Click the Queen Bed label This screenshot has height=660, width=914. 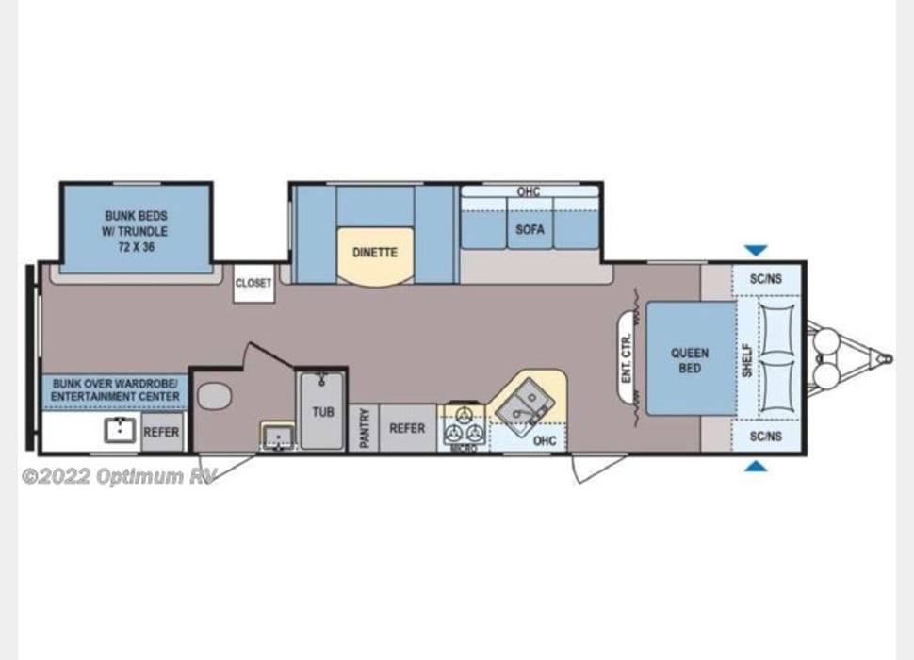[x=689, y=360]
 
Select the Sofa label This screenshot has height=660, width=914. [x=530, y=229]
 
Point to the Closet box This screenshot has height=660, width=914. [x=253, y=283]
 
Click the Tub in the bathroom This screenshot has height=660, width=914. [x=322, y=412]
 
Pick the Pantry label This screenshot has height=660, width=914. [x=364, y=429]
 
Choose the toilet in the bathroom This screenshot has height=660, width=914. [x=214, y=396]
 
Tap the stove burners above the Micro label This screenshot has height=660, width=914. [x=463, y=426]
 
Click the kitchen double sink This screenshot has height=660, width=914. [x=520, y=406]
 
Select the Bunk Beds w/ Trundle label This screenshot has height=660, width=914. [x=136, y=230]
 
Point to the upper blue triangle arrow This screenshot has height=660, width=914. [x=756, y=251]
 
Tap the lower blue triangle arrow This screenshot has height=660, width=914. [x=756, y=466]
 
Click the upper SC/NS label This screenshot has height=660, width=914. [x=765, y=279]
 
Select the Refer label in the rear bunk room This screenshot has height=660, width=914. [x=160, y=433]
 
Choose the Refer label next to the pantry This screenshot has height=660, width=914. [x=407, y=428]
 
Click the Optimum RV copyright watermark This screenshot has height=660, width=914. [x=119, y=476]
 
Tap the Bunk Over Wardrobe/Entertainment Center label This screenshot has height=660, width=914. [x=116, y=390]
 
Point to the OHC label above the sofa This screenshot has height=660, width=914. [x=529, y=192]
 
